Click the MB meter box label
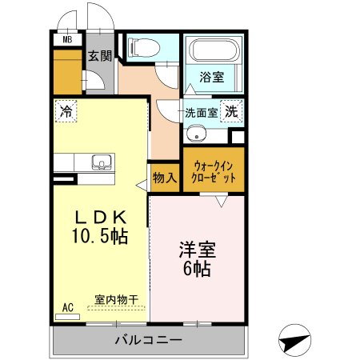pos(67,39)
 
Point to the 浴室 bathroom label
pos(211,78)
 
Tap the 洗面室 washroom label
pos(201,113)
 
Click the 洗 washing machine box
pos(231,112)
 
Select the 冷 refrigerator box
pos(66,110)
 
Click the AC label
pos(68,306)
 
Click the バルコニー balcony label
pos(147,341)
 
